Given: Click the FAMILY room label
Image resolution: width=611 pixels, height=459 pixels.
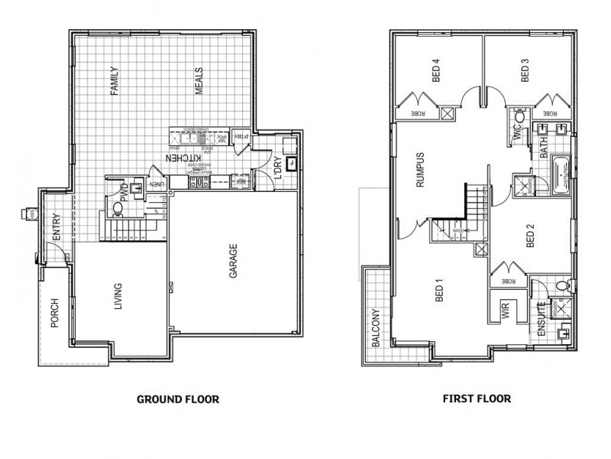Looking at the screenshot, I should tap(115, 80).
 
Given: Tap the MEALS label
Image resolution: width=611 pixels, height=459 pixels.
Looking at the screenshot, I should tap(199, 80).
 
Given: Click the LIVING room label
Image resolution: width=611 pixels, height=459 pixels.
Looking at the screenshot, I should tap(117, 298).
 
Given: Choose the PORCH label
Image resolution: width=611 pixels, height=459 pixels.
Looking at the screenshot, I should tap(54, 312).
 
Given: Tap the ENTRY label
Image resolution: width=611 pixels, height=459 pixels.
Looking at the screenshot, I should tap(57, 229).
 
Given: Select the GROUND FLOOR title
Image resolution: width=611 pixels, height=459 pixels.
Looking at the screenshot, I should tap(177, 399).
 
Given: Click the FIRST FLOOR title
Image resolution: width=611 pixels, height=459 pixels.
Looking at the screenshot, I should tap(477, 399).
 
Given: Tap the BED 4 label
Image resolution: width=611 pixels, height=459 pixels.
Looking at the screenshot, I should tap(437, 71).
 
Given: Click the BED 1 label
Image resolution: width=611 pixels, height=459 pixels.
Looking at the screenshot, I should tap(439, 291).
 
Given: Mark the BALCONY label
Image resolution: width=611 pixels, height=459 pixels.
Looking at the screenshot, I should tap(375, 328).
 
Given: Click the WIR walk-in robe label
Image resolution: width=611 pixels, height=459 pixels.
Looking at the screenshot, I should tap(505, 309).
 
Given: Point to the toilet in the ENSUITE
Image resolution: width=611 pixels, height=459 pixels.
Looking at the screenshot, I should tap(563, 285).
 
